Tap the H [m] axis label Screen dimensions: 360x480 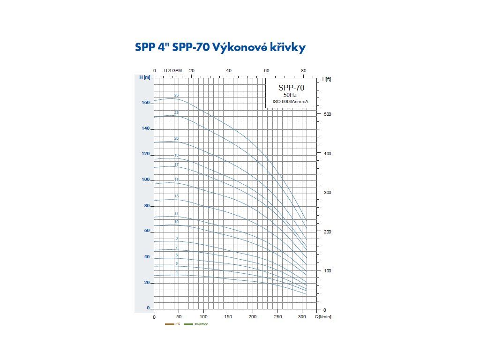[145, 77]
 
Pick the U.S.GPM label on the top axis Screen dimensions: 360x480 [172, 71]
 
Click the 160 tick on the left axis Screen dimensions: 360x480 [145, 103]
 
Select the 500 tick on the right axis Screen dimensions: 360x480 [327, 114]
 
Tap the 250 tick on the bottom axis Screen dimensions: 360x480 [277, 317]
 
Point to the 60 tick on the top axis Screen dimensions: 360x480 [266, 71]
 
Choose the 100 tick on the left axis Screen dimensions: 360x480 [145, 180]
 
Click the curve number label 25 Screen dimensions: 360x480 [176, 95]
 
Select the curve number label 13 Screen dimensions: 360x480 [176, 196]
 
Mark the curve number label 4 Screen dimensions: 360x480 [176, 272]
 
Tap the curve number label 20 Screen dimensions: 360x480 [176, 138]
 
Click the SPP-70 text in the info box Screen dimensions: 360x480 [291, 88]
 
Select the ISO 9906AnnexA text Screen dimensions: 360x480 [291, 102]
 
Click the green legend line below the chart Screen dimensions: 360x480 [188, 324]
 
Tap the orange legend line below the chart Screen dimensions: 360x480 [169, 324]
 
